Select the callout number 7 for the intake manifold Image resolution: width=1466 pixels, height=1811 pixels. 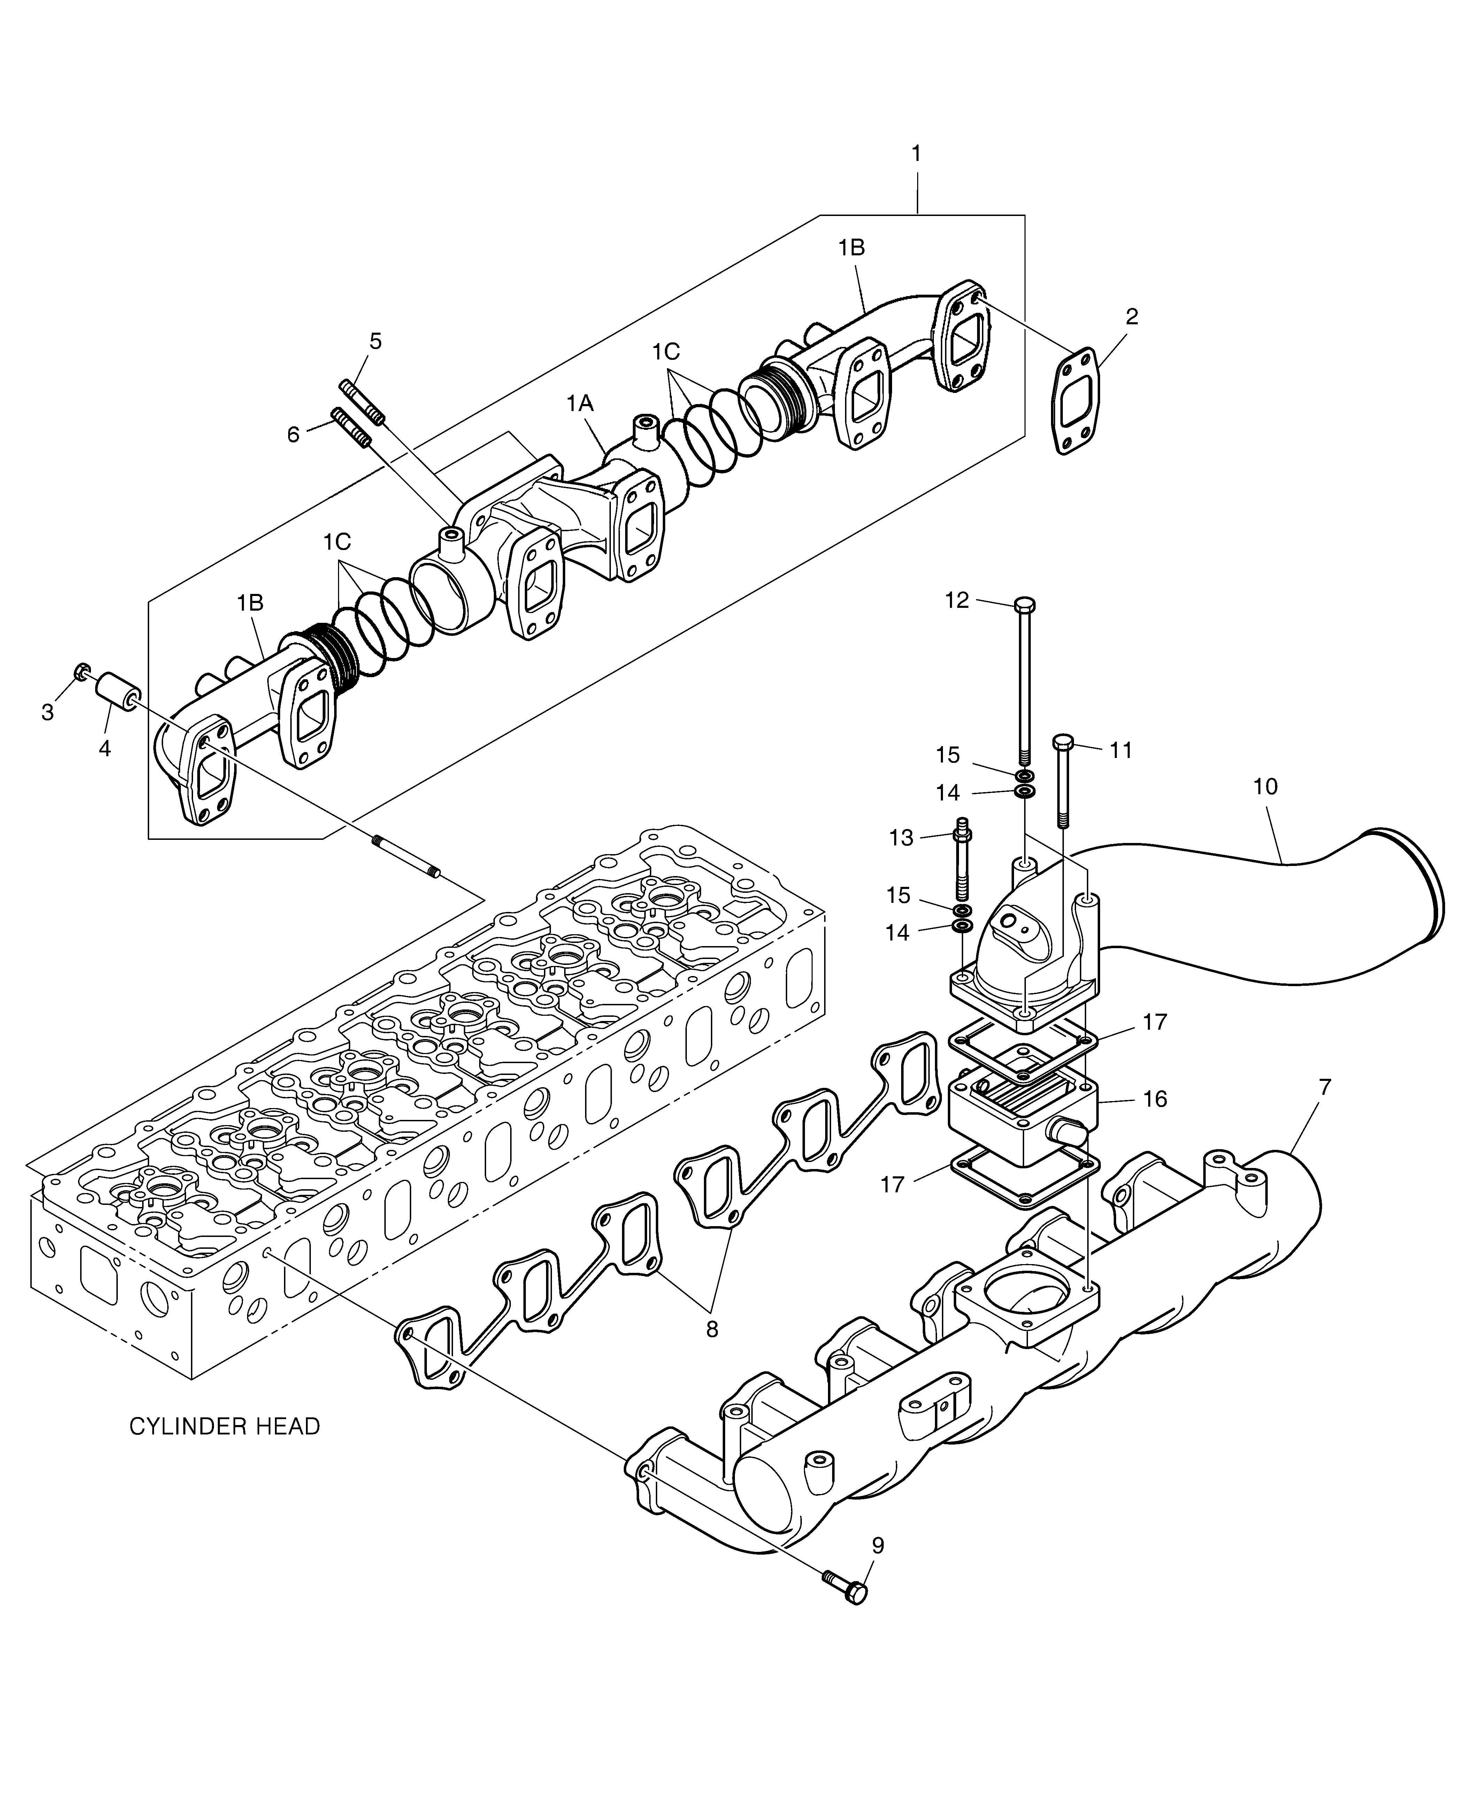pyautogui.click(x=1325, y=1088)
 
